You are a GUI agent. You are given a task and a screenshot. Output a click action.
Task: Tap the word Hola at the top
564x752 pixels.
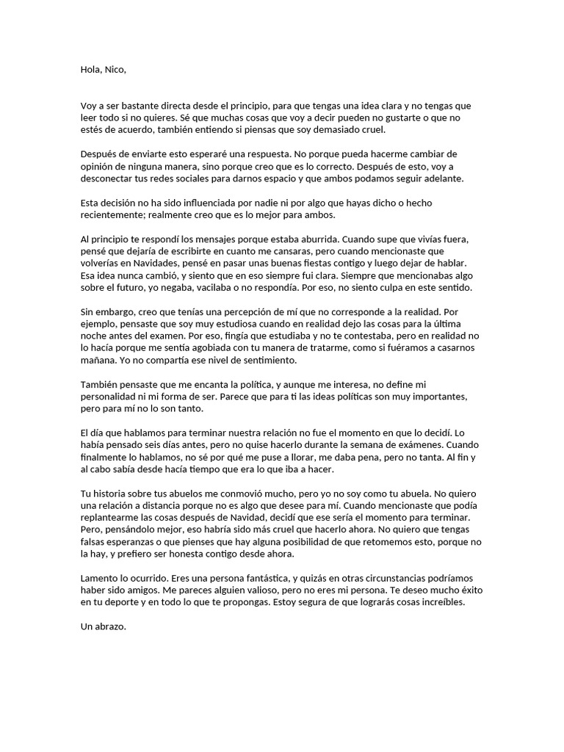click(x=91, y=70)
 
